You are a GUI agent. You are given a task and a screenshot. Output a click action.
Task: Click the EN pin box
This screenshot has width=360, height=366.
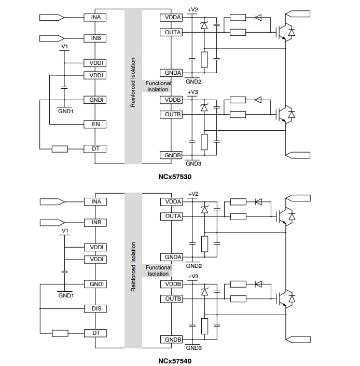click(x=95, y=125)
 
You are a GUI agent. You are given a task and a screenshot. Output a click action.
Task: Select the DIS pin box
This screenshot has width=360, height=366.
click(x=95, y=308)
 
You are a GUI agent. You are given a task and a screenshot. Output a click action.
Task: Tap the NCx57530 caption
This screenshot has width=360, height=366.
click(x=175, y=177)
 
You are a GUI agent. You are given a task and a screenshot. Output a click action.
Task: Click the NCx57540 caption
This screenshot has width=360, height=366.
click(x=175, y=360)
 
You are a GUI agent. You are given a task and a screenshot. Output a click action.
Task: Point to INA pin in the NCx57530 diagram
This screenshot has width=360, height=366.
click(x=95, y=17)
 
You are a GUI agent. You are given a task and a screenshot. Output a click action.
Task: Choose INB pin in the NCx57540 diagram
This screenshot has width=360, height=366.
click(x=95, y=222)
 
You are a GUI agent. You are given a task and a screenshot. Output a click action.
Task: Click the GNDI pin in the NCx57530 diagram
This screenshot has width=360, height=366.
click(x=95, y=100)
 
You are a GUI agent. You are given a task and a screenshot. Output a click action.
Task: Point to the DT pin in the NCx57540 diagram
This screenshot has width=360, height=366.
click(x=95, y=333)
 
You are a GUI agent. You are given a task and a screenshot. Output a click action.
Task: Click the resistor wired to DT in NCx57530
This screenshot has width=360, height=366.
click(x=60, y=149)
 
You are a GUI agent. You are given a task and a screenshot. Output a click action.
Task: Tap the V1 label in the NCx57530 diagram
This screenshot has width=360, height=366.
click(x=64, y=47)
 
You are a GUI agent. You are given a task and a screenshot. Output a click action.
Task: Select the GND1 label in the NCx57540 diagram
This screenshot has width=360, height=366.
click(x=66, y=295)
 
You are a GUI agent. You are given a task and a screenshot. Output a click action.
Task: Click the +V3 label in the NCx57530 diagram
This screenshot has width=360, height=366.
click(x=192, y=92)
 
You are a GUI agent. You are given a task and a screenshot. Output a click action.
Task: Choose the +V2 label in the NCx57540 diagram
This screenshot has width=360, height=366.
click(x=192, y=194)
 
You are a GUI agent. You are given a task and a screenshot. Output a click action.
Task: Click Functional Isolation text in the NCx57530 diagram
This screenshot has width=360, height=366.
click(x=158, y=86)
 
